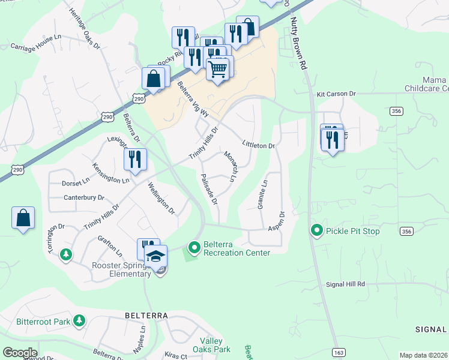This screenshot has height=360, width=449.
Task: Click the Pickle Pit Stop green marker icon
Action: point(316,230)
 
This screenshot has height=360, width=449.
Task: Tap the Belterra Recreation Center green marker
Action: point(194,247)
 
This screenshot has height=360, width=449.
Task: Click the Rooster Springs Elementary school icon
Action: point(156,256)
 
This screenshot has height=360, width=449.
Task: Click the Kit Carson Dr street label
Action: point(336,94)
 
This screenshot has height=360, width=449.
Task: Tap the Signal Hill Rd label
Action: point(345,284)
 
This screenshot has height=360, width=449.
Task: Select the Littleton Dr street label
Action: point(258,145)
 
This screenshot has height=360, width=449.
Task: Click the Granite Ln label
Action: point(261,194)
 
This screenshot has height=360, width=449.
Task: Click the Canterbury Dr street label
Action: point(84,197)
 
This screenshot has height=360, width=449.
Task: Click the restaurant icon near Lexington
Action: point(135,160)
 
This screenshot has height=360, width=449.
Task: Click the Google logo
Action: point(20,353)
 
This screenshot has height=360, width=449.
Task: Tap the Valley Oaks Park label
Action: point(211,345)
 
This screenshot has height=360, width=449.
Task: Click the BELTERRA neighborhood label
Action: point(145,315)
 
